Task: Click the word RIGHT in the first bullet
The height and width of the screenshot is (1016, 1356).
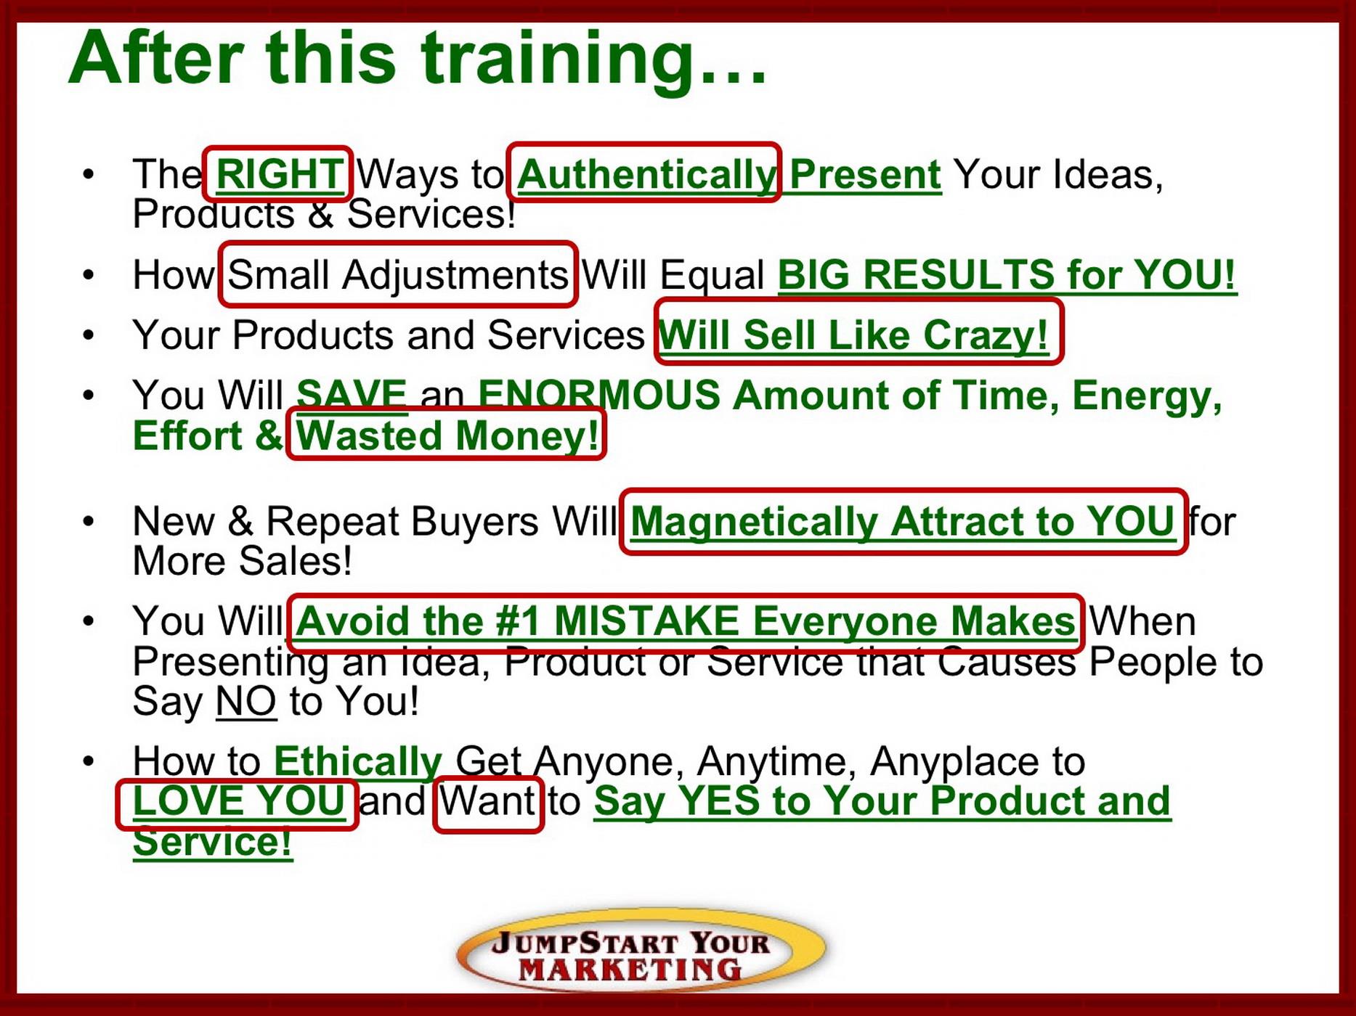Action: pyautogui.click(x=280, y=174)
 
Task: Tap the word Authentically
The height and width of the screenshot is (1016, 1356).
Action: pyautogui.click(x=646, y=175)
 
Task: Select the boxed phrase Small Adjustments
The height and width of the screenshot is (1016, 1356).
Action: pyautogui.click(x=398, y=275)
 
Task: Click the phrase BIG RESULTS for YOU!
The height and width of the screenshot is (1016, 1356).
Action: pyautogui.click(x=1007, y=274)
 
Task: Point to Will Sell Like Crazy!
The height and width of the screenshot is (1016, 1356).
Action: pyautogui.click(x=853, y=335)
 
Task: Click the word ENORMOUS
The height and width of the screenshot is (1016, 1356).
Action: pyautogui.click(x=598, y=396)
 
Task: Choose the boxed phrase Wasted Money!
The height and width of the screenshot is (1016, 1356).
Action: pyautogui.click(x=447, y=435)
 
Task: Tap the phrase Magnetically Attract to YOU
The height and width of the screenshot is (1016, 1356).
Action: pyautogui.click(x=903, y=522)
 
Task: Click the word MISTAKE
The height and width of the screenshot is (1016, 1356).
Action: pyautogui.click(x=646, y=621)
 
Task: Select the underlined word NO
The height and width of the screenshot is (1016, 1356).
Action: pyautogui.click(x=246, y=701)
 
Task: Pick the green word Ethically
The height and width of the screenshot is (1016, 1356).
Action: pyautogui.click(x=358, y=761)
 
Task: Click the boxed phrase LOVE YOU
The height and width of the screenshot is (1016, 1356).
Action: pyautogui.click(x=239, y=801)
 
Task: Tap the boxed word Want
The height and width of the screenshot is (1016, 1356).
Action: pyautogui.click(x=487, y=801)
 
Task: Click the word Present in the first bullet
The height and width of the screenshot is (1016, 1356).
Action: pyautogui.click(x=865, y=174)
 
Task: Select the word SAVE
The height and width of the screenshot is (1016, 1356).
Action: pyautogui.click(x=352, y=396)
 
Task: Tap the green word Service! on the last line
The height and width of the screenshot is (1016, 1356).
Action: pyautogui.click(x=213, y=842)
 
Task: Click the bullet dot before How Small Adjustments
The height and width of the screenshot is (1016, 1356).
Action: pyautogui.click(x=89, y=275)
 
